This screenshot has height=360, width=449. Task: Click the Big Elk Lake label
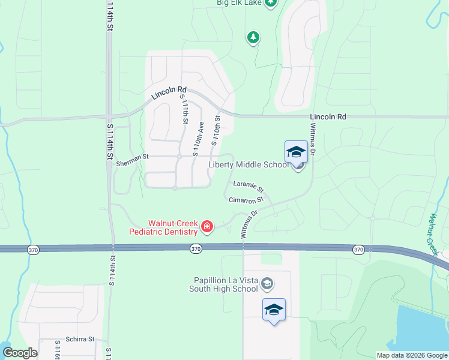coord(238,2)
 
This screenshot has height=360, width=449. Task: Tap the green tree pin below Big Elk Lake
coord(253,38)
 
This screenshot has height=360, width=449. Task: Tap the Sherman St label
coord(132,157)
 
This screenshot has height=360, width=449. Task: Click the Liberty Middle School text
coord(249,165)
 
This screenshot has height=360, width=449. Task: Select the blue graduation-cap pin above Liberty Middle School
coord(296,152)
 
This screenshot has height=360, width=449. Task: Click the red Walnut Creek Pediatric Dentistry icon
coord(206,226)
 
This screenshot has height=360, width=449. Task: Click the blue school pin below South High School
coord(274,310)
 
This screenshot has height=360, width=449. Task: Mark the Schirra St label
coord(80,339)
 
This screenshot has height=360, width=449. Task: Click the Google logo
coord(20,353)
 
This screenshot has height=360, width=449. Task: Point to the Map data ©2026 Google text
coord(411,355)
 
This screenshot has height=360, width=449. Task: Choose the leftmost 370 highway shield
coord(33,249)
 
